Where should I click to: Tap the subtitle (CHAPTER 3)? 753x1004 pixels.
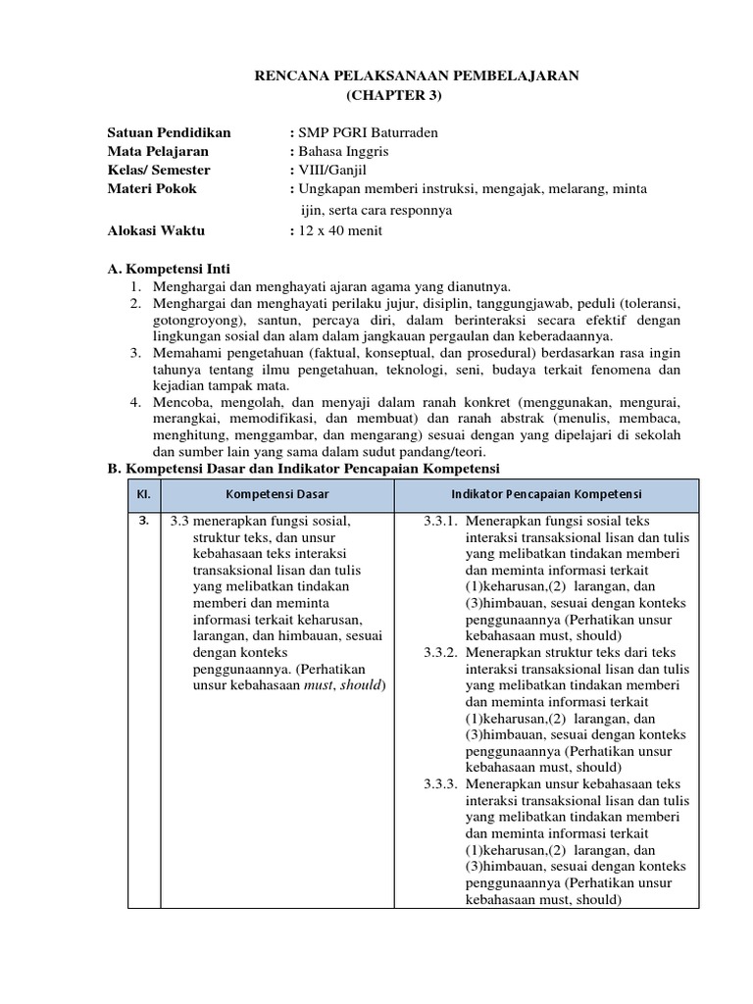[395, 95]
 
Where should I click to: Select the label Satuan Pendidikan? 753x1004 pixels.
[169, 132]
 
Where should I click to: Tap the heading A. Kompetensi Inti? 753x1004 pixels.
[168, 269]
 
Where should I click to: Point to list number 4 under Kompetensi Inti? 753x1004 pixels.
[134, 402]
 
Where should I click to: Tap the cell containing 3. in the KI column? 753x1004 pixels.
[143, 521]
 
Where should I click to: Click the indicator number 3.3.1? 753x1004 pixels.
[441, 522]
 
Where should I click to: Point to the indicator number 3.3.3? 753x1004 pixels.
[441, 783]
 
